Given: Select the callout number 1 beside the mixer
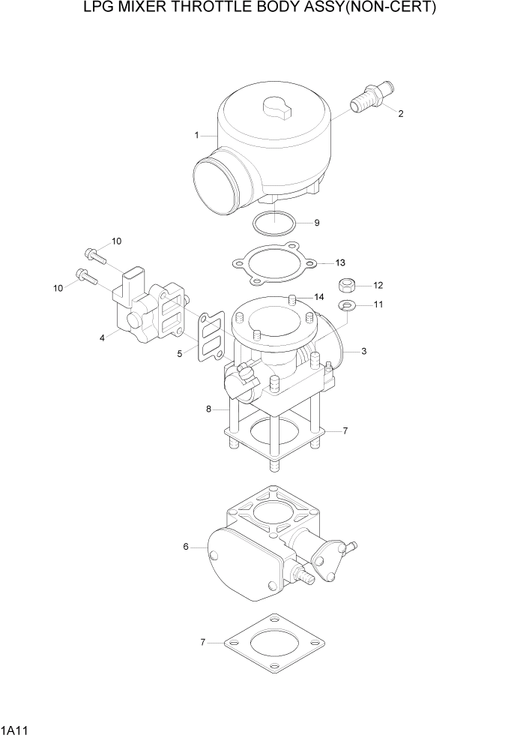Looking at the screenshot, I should point(196,136).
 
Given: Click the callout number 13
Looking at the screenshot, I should point(340,263).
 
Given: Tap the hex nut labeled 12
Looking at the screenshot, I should point(347,285).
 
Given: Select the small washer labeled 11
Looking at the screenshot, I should point(347,304).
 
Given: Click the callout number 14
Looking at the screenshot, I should point(319,297).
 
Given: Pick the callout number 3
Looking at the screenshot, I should point(363,351).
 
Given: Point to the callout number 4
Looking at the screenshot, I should point(102,338).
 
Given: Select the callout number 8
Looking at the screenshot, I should point(211,409).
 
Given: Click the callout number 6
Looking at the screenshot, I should point(185,547).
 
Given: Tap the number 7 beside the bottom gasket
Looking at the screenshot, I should point(202,643).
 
